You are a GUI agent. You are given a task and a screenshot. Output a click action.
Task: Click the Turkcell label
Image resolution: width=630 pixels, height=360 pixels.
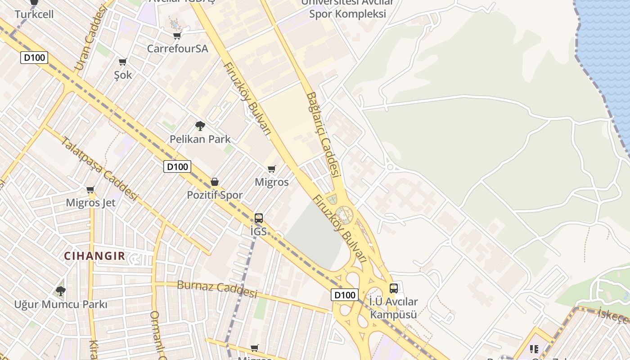click(x=34, y=14)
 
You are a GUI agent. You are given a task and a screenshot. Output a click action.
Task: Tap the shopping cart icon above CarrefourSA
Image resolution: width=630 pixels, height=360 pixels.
click(x=177, y=36)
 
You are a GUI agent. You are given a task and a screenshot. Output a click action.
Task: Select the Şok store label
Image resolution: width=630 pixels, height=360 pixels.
click(x=123, y=75)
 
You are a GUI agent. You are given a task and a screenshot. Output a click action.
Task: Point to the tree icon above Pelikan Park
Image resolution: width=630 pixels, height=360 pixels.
click(x=200, y=126)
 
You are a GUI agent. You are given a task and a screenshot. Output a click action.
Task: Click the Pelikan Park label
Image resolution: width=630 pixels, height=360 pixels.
click(x=200, y=139)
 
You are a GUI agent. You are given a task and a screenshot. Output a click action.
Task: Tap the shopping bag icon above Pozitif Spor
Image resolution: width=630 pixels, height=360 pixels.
click(x=215, y=182)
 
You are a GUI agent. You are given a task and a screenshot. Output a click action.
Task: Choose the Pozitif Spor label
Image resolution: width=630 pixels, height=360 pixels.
click(x=215, y=195)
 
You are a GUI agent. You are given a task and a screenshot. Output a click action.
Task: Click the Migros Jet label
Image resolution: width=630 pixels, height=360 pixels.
click(x=90, y=203)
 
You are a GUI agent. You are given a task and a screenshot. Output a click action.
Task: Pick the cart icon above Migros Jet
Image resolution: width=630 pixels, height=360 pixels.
click(x=90, y=190)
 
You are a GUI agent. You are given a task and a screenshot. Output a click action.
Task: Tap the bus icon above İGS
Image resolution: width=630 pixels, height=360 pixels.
click(x=258, y=218)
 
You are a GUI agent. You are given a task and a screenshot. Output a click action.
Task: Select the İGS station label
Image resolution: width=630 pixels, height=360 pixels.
click(x=258, y=232)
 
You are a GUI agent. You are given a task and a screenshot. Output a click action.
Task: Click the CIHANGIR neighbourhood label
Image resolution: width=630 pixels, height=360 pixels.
click(x=94, y=256)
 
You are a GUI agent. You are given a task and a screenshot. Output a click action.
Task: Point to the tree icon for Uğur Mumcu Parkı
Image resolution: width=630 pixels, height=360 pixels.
click(x=60, y=291)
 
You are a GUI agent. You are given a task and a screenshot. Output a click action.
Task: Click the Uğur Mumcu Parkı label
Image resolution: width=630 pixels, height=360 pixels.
click(x=60, y=305)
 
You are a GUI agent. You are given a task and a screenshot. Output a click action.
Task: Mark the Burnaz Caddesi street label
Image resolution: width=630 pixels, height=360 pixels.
click(x=217, y=289)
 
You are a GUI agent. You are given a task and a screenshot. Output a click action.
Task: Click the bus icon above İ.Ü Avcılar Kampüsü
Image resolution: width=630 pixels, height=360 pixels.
click(x=394, y=288)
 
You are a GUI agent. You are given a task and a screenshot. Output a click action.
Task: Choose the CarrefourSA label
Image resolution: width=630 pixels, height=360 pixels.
click(x=177, y=49)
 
